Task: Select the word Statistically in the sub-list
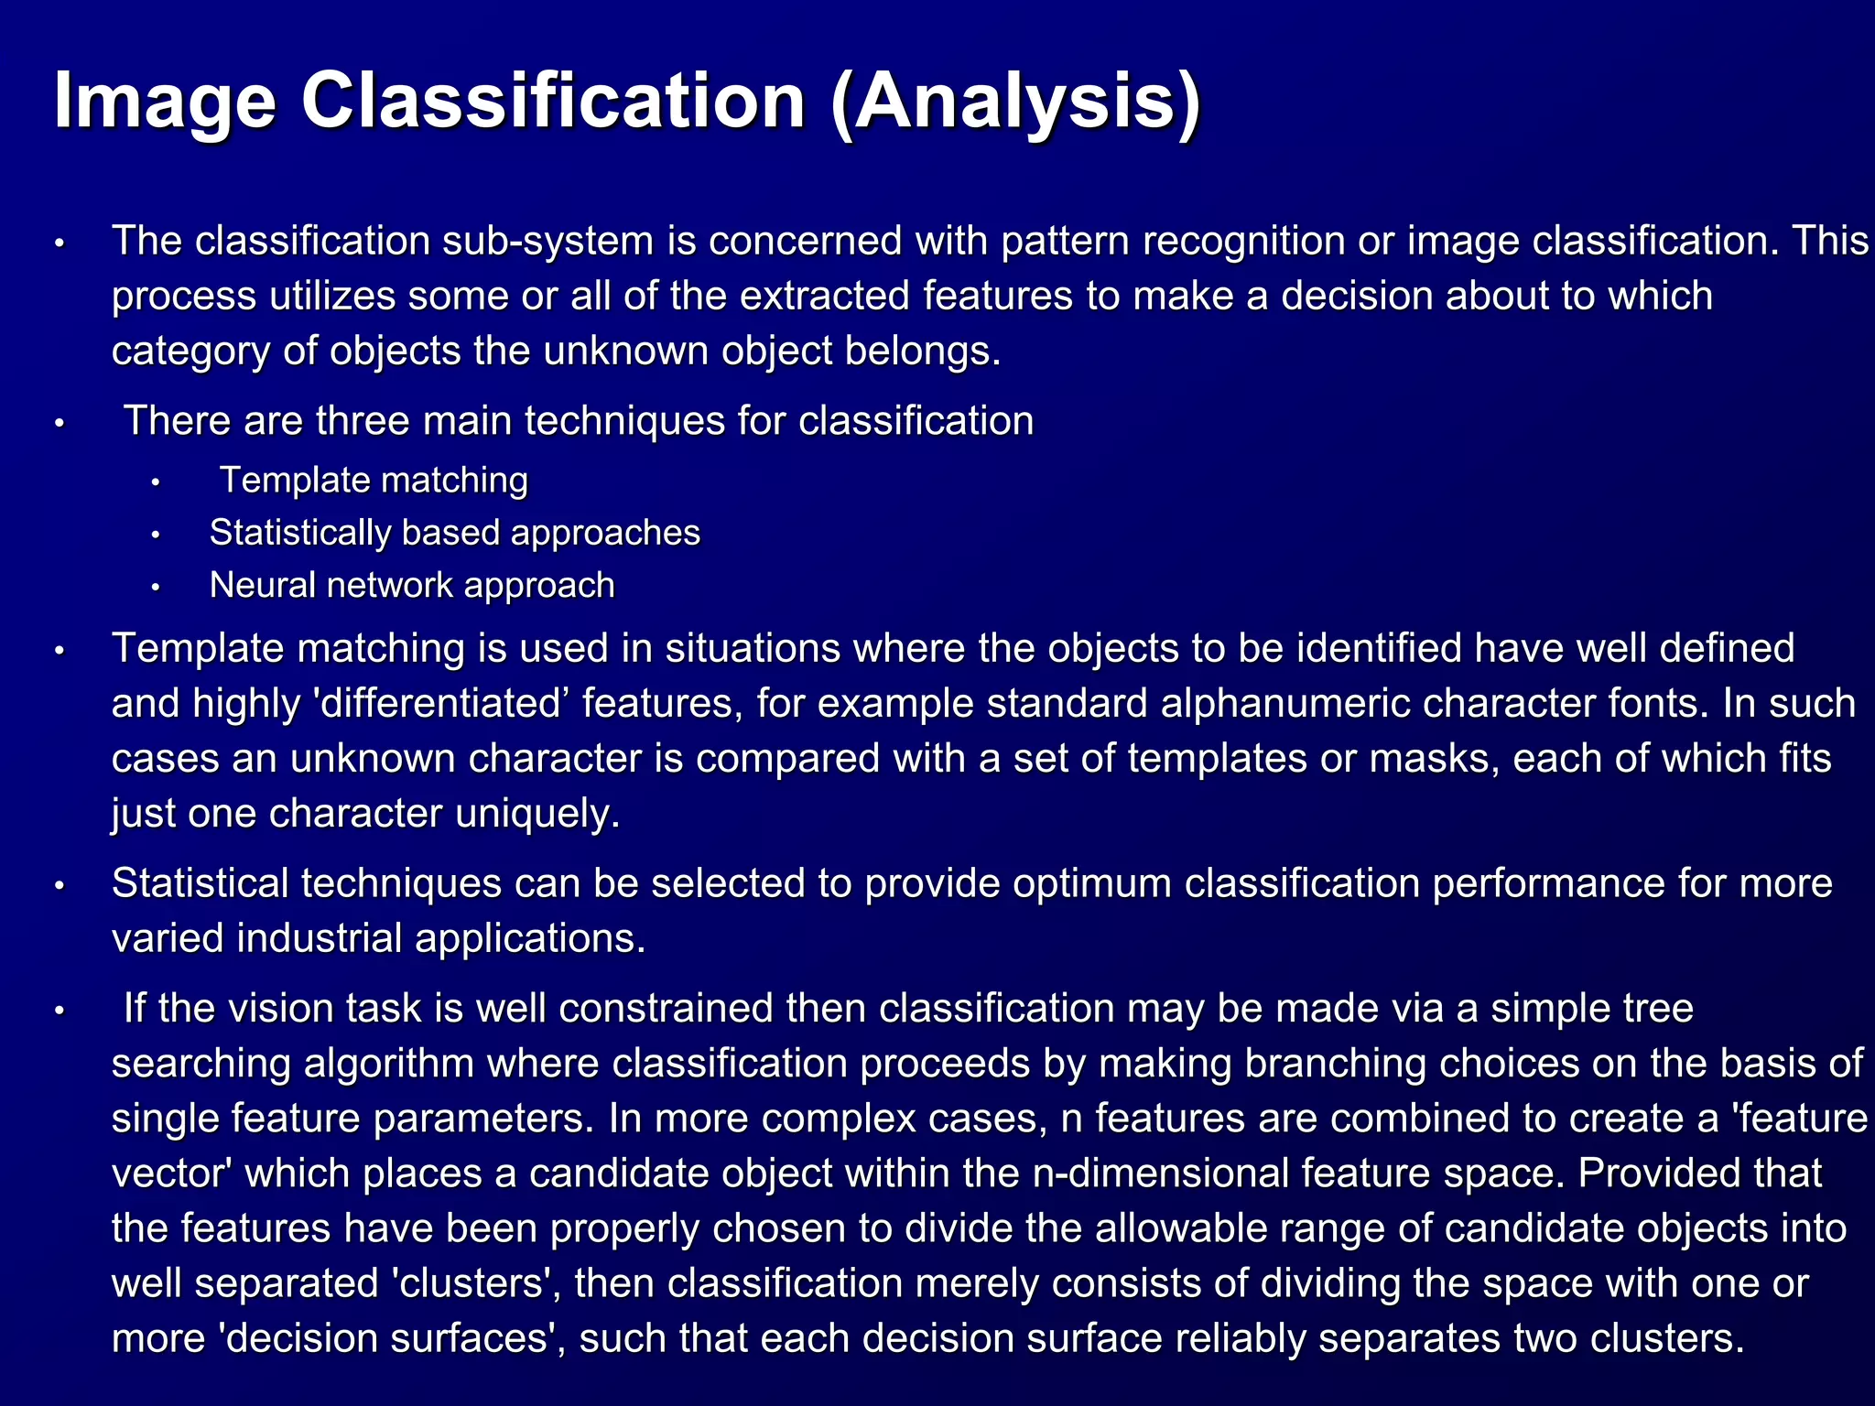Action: point(299,534)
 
